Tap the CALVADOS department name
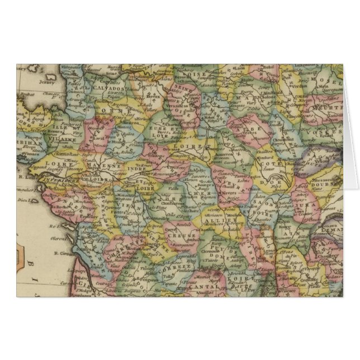[x=108, y=88]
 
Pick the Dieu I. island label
[x=23, y=199]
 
